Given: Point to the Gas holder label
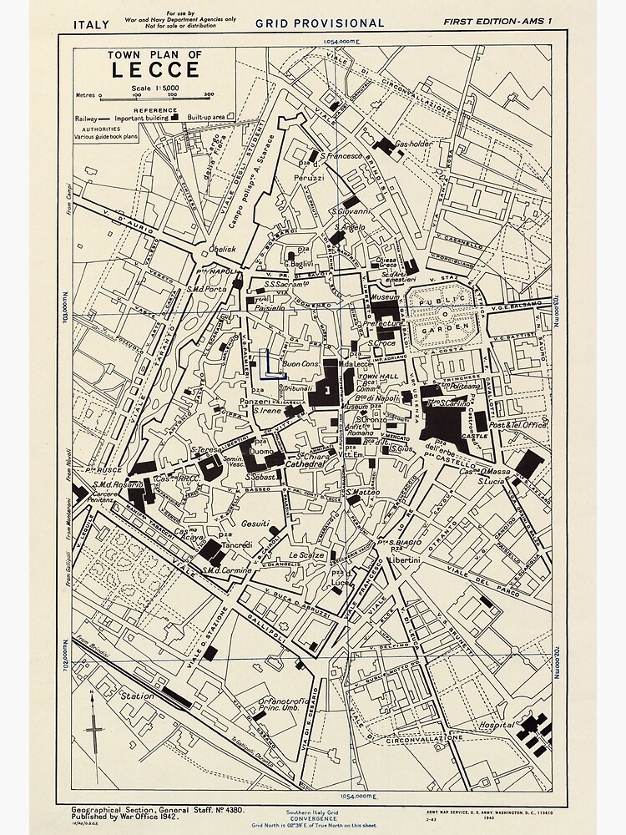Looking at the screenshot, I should pos(412,144).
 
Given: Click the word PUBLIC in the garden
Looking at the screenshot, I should pos(437,305).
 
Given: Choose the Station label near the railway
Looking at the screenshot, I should pos(138,696).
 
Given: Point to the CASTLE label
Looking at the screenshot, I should pos(474,436).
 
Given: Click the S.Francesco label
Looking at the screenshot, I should pos(341,155).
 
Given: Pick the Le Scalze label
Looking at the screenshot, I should pos(306,555).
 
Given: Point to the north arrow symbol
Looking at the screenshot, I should pos(95,733).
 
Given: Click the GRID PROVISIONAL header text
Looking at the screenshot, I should pos(320,23).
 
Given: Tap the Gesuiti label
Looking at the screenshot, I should pos(255,524).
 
